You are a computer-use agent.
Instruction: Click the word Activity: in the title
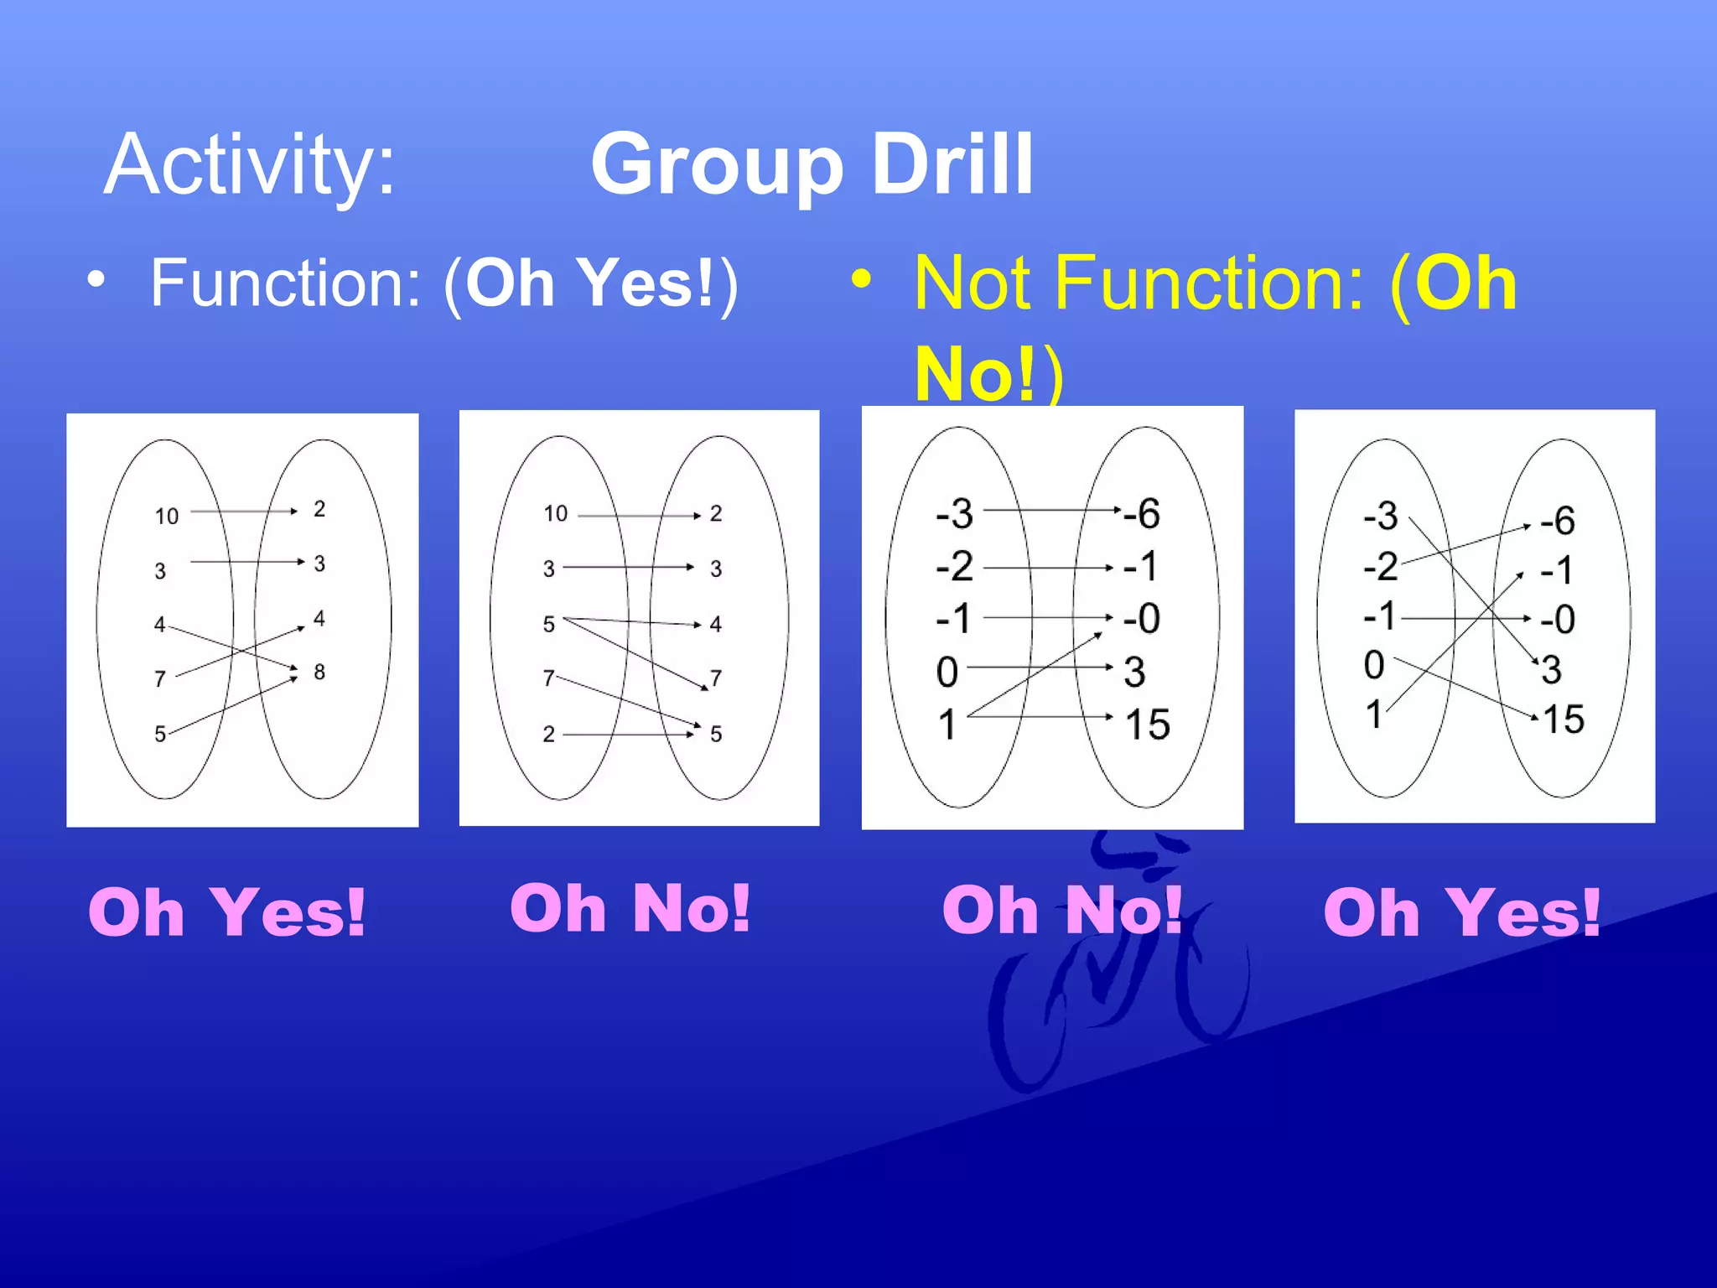pyautogui.click(x=249, y=165)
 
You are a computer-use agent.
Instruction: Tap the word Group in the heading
pyautogui.click(x=717, y=165)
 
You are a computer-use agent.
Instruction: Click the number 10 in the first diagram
pyautogui.click(x=166, y=516)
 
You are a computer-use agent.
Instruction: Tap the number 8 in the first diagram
pyautogui.click(x=319, y=672)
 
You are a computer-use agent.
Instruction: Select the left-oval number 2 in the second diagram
pyautogui.click(x=548, y=735)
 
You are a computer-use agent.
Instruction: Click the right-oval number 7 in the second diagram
pyautogui.click(x=715, y=678)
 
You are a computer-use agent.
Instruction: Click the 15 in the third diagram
pyautogui.click(x=1147, y=724)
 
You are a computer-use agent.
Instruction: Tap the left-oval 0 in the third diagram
pyautogui.click(x=947, y=672)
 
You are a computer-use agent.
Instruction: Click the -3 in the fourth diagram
pyautogui.click(x=1380, y=516)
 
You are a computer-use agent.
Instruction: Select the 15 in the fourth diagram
pyautogui.click(x=1563, y=719)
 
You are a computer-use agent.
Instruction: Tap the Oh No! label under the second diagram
pyautogui.click(x=630, y=908)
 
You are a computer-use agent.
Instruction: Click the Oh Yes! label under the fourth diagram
pyautogui.click(x=1461, y=912)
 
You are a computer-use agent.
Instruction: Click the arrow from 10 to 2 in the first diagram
pyautogui.click(x=243, y=511)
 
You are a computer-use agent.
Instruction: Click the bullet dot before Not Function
pyautogui.click(x=861, y=278)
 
